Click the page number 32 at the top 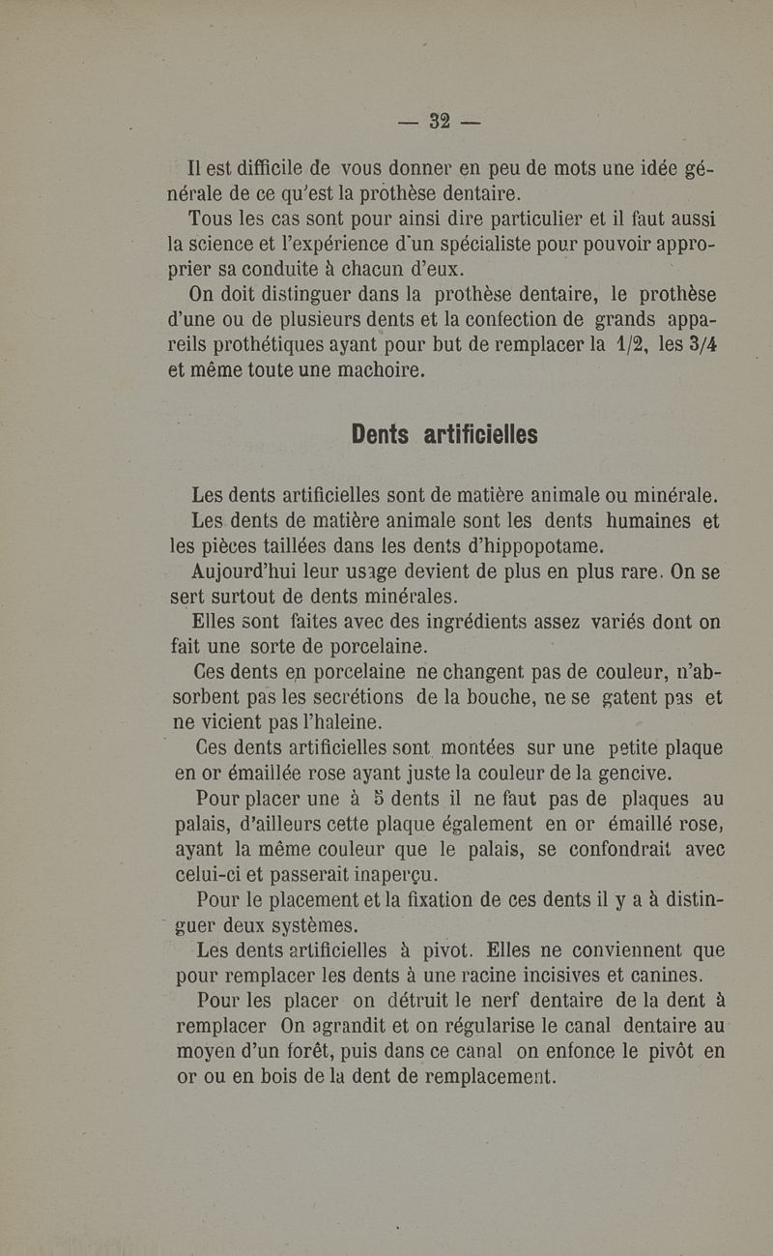click(441, 123)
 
